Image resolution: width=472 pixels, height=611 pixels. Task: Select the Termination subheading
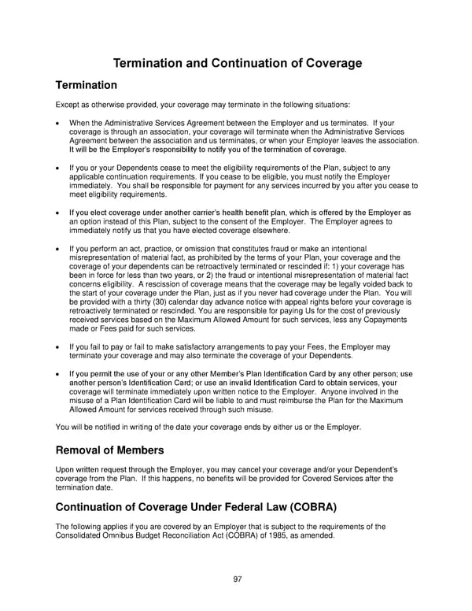87,85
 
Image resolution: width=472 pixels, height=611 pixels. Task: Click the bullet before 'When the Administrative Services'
59,123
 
